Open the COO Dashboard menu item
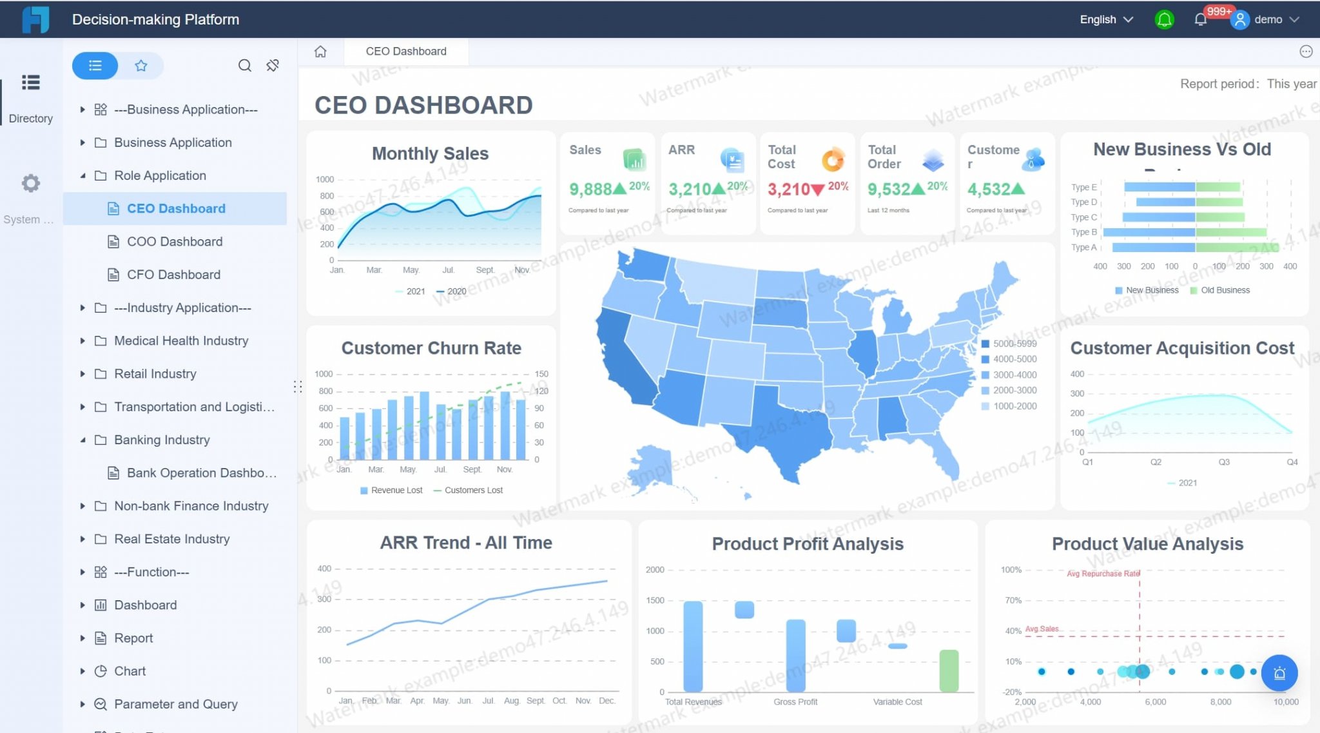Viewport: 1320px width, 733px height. pos(174,242)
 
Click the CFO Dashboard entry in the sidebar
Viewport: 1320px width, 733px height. pos(173,275)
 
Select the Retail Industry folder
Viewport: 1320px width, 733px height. pos(155,374)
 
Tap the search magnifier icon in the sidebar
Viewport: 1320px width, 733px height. pos(244,66)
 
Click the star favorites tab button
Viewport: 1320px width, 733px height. pos(141,66)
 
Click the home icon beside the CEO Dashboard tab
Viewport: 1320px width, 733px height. pos(320,52)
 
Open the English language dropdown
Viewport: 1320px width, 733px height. pos(1106,19)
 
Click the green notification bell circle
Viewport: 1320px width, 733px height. pos(1164,19)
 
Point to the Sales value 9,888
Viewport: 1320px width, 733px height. pos(590,190)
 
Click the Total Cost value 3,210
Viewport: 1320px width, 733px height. pos(788,190)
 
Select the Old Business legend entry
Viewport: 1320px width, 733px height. pos(1224,291)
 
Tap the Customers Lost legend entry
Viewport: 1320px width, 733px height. pos(472,491)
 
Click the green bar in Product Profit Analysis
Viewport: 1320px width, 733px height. pos(949,670)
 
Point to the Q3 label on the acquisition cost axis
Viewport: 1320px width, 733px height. pos(1224,462)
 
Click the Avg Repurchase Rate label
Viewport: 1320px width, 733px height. pos(1102,574)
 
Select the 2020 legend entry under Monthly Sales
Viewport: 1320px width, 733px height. pos(456,291)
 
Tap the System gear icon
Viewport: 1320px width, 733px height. pos(30,184)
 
